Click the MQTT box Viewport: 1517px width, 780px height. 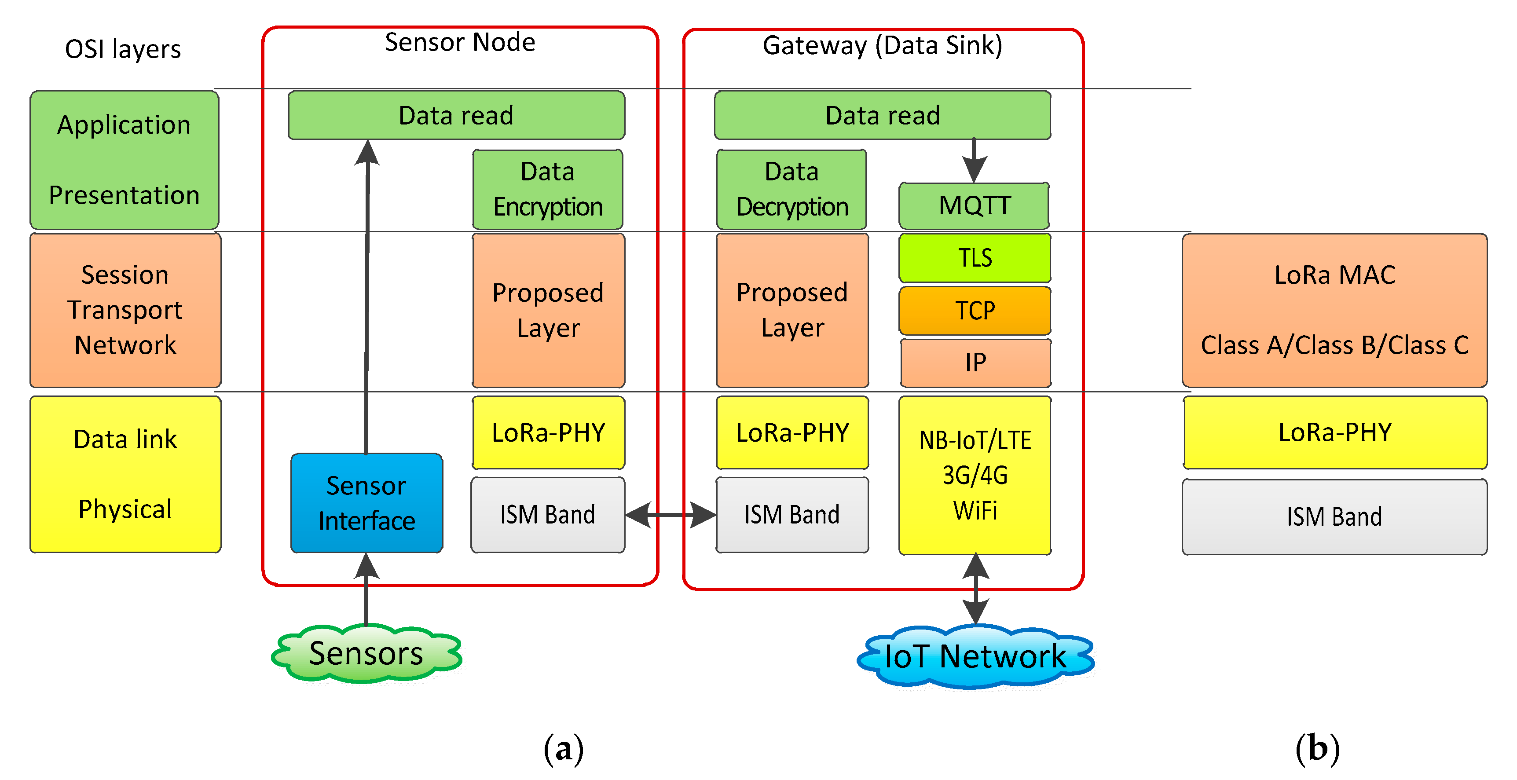pos(974,205)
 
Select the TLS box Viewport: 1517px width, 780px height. pos(975,258)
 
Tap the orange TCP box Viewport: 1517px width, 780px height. pos(975,310)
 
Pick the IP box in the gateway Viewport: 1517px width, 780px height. pos(975,363)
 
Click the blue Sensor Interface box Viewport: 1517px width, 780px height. pos(366,503)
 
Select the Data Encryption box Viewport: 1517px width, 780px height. pos(548,189)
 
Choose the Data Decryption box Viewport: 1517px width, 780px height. pos(791,189)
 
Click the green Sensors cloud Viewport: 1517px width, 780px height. pos(366,653)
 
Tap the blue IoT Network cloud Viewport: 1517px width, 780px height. pos(975,656)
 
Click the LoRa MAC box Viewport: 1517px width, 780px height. pos(1334,310)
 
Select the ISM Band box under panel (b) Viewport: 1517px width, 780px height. pos(1334,517)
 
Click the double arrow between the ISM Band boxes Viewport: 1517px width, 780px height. pos(670,515)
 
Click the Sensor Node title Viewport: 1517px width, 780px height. pos(460,42)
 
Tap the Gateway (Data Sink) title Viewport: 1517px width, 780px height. pos(882,45)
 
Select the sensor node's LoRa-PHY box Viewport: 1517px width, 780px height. pos(548,433)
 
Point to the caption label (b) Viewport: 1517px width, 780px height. pos(1317,749)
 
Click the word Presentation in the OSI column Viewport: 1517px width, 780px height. pos(124,195)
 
